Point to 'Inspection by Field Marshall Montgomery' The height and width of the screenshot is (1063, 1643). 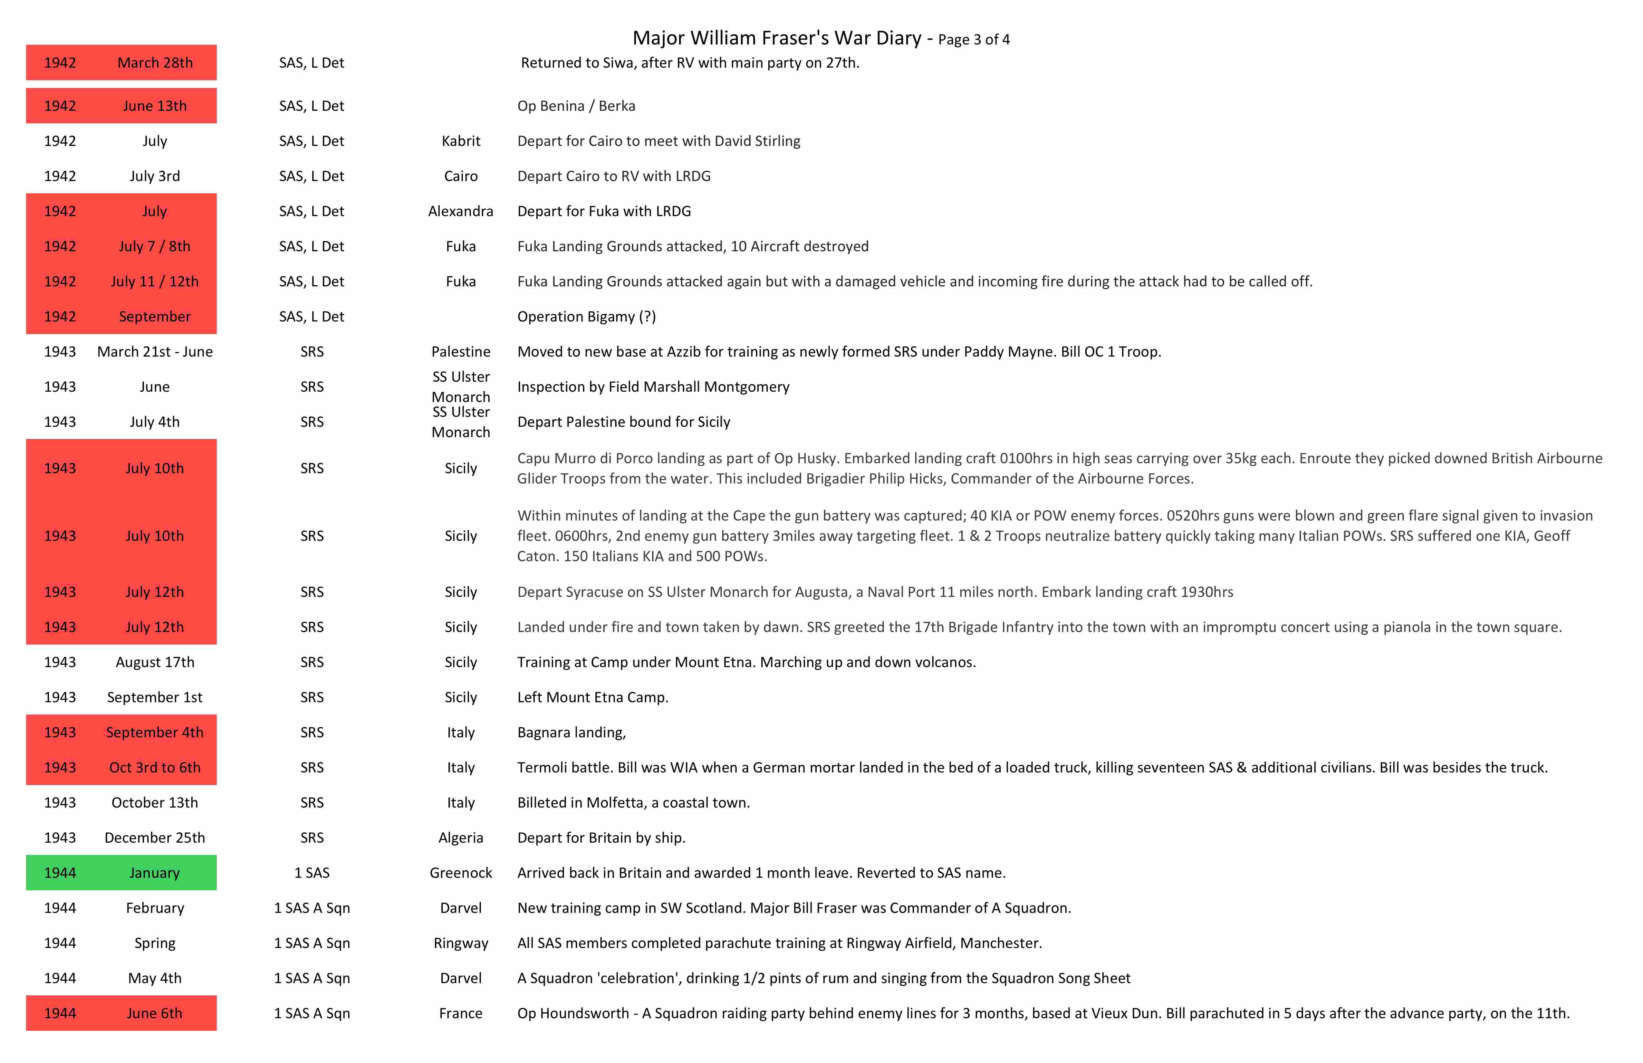tap(653, 387)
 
